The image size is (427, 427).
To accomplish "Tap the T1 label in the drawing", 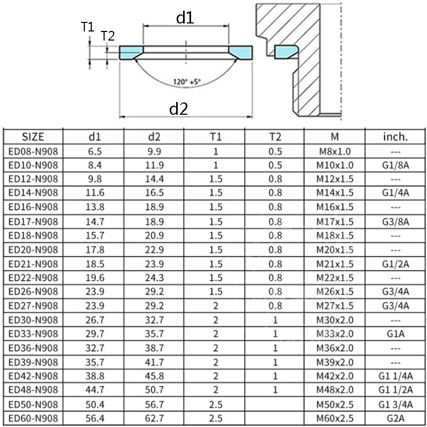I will pos(88,27).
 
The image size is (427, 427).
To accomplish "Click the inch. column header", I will pos(396,137).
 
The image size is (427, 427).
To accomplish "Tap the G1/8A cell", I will pos(396,164).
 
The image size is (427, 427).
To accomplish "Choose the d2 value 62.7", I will pos(155,417).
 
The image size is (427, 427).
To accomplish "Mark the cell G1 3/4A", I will pos(396,404).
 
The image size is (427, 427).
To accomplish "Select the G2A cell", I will pos(396,417).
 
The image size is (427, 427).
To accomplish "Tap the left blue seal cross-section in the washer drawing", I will pos(130,52).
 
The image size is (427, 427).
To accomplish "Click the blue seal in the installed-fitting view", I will pos(284,51).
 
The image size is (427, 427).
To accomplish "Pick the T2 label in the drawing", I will pos(108,36).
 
